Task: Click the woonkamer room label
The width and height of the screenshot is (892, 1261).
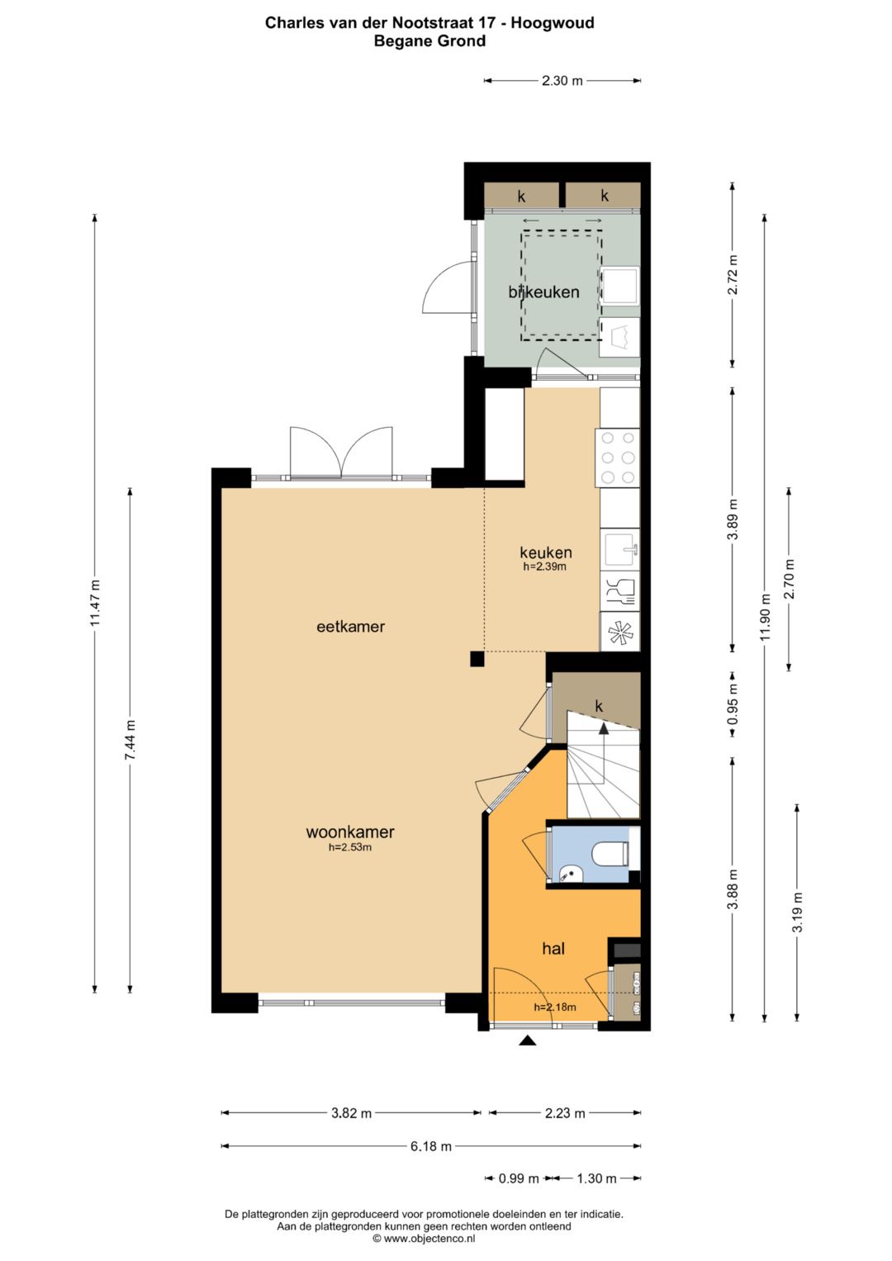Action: pos(349,832)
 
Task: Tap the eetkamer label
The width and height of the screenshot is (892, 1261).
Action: pos(350,627)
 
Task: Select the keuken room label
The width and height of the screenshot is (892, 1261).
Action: pos(546,552)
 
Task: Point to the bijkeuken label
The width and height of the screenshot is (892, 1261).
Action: pos(543,292)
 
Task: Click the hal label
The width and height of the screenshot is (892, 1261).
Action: pos(553,949)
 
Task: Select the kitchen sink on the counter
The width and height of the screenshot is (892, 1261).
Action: pos(622,549)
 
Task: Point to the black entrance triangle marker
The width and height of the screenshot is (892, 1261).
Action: pos(527,1041)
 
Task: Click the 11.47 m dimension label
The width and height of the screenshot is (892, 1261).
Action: pos(96,603)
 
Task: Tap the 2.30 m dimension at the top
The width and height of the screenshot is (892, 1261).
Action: pos(562,80)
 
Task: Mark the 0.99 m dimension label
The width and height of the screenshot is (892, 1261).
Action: pos(519,1178)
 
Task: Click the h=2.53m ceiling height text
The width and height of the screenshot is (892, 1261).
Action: pos(349,847)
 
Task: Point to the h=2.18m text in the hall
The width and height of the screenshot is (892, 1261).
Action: pos(555,1007)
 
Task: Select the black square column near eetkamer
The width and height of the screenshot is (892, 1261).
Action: pos(477,658)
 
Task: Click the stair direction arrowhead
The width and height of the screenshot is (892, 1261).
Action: pos(604,729)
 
